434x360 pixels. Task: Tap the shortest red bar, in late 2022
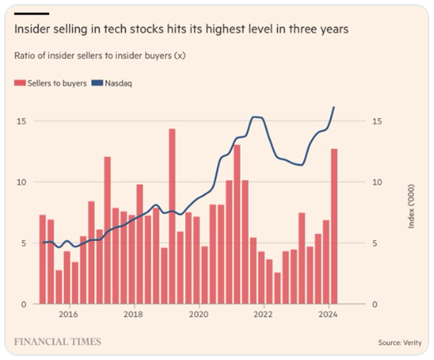click(278, 288)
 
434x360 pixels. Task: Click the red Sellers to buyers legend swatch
click(19, 83)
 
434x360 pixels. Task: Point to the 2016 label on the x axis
click(69, 314)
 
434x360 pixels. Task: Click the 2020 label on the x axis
click(199, 314)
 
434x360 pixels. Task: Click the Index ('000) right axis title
click(411, 206)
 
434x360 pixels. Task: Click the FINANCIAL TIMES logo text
click(57, 341)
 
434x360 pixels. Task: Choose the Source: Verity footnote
click(400, 342)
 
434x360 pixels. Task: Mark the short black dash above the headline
click(31, 13)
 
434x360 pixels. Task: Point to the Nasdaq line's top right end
click(334, 107)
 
